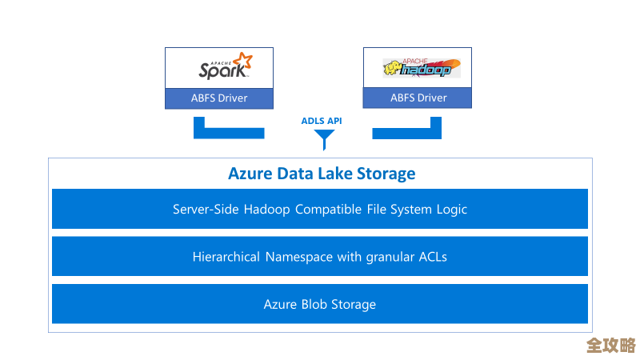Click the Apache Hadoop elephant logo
coord(416,68)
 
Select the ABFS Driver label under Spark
coord(219,98)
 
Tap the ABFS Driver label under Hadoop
coord(418,98)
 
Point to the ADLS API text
coord(322,121)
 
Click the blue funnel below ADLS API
coord(324,141)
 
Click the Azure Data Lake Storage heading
coord(322,174)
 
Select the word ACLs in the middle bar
coord(433,257)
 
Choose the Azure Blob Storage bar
coord(320,304)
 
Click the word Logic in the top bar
coord(450,210)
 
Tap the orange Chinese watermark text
coord(610,346)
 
